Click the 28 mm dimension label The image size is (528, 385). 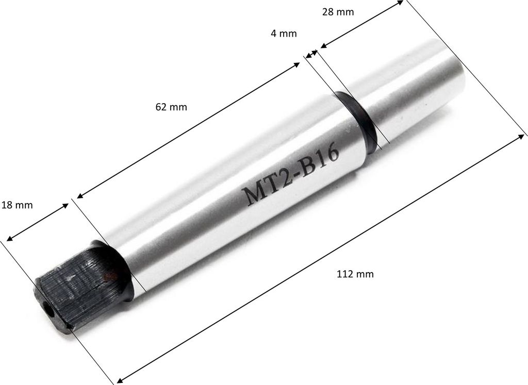click(338, 12)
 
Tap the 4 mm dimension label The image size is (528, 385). click(283, 34)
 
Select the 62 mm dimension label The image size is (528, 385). click(171, 107)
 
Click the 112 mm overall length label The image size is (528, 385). click(354, 274)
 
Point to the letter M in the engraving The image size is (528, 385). click(252, 195)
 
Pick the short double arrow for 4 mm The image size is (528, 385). click(311, 53)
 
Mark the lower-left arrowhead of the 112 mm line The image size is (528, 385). click(120, 380)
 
